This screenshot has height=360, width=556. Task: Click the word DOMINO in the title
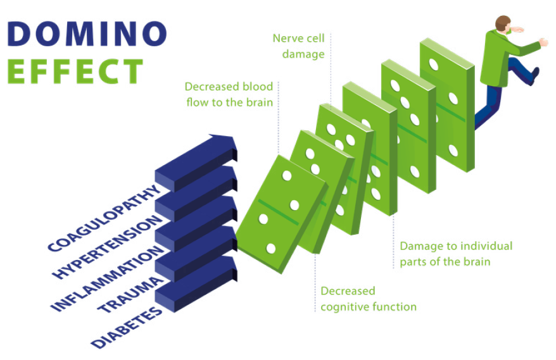(87, 34)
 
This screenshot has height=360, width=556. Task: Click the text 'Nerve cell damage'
(298, 46)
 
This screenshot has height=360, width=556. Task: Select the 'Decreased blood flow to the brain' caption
(229, 94)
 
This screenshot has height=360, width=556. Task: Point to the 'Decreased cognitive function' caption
(368, 299)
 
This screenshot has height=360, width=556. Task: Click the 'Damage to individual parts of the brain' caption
(455, 253)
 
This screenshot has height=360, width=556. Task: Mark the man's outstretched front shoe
(534, 75)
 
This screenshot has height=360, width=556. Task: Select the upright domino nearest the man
(446, 104)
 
